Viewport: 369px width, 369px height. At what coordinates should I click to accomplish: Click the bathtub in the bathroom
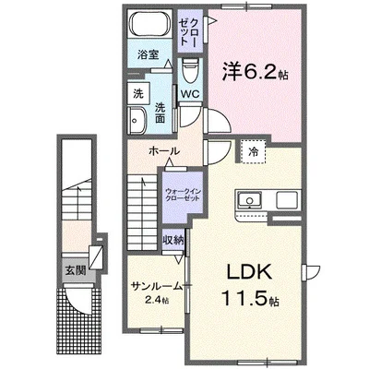coord(150,23)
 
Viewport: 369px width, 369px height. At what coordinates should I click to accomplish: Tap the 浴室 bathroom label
coord(148,55)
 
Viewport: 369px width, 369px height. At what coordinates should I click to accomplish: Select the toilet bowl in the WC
coord(190,70)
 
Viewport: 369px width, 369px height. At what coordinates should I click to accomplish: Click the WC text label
coord(190,94)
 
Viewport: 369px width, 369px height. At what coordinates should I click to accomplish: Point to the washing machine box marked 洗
coord(138,93)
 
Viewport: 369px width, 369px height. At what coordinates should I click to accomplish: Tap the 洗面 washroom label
coord(160,113)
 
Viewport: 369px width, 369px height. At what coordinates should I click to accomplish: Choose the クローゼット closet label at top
coord(190,31)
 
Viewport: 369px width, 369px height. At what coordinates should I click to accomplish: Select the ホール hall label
coord(163,151)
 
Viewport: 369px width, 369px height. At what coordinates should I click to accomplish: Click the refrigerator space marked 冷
coord(253,152)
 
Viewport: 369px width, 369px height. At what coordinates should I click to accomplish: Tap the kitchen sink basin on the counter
coord(249,200)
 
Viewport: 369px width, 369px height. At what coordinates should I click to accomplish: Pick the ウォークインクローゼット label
coord(183,195)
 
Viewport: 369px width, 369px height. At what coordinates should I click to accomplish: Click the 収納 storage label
coord(173,240)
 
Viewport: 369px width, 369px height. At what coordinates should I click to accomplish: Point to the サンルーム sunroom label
coord(157,286)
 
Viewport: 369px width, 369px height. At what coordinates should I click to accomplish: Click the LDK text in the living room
coord(249,272)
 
